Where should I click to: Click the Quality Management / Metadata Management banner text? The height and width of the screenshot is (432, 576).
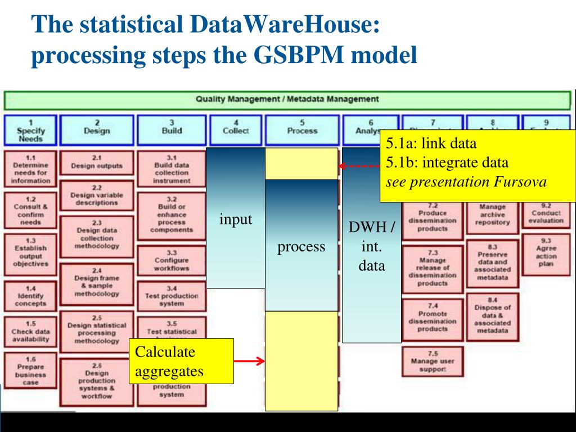tap(287, 100)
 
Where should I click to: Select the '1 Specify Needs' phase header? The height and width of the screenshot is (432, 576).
tap(30, 130)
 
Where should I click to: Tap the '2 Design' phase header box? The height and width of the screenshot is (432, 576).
tap(97, 130)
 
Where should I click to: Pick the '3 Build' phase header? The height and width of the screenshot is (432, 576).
tap(171, 130)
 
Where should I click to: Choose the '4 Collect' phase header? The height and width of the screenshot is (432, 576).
tap(236, 130)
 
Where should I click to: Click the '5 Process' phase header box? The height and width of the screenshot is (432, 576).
tap(302, 130)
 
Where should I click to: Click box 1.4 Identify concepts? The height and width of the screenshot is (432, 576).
tap(30, 296)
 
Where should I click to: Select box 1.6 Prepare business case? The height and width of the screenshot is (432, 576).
tap(30, 370)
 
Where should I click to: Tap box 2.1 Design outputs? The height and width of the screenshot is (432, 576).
tap(97, 163)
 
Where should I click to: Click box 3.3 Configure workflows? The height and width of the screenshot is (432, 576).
tap(171, 260)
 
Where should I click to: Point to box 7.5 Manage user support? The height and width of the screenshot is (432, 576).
tap(431, 361)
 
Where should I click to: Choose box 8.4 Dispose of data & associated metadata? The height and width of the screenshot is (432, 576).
tap(492, 315)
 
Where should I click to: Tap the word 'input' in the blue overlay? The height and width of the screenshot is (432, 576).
tap(236, 219)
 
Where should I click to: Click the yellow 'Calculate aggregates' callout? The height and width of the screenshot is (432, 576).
tap(181, 361)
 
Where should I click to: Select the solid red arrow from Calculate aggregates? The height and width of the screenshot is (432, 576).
tap(249, 361)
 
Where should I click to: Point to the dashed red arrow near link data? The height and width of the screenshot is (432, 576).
tap(359, 166)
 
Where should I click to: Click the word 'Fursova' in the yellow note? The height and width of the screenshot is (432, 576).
tap(526, 182)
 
